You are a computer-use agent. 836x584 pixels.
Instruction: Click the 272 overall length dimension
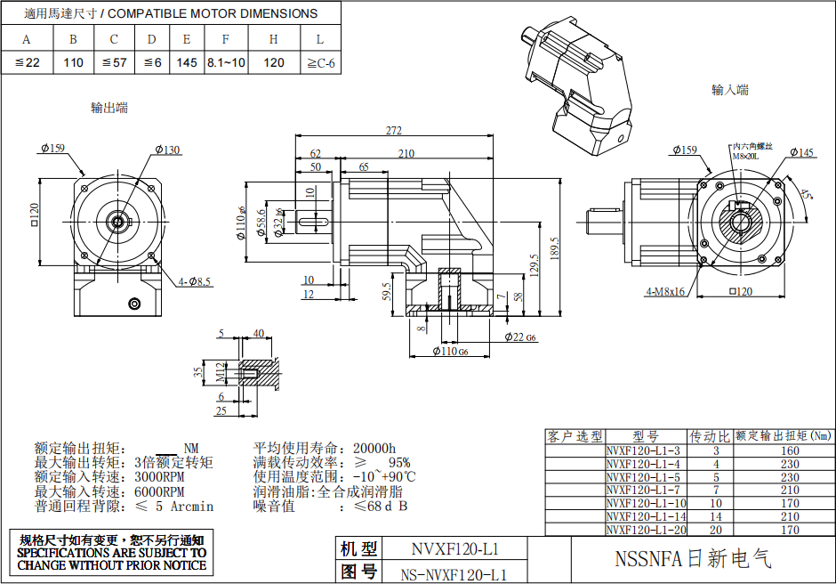tap(393, 130)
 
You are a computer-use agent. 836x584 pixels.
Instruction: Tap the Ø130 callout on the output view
tap(166, 150)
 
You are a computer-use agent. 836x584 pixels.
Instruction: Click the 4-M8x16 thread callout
tap(665, 291)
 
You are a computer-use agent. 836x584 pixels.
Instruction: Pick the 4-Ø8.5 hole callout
tap(195, 282)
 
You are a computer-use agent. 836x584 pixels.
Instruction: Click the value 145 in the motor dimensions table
tap(187, 62)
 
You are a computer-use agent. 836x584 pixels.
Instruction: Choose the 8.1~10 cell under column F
tap(226, 62)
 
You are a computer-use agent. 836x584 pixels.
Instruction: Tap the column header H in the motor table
tap(274, 39)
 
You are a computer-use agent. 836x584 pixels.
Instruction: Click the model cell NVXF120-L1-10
tap(647, 503)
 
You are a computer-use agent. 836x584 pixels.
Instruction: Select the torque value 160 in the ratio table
tap(790, 450)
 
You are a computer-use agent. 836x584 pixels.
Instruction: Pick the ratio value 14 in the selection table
tap(716, 516)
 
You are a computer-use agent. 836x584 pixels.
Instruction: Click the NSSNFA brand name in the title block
tap(694, 559)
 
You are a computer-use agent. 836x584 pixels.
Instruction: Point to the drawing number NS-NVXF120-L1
tap(454, 573)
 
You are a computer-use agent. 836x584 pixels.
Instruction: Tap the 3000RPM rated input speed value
tap(161, 477)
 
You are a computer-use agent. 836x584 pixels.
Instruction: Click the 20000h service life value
tap(374, 448)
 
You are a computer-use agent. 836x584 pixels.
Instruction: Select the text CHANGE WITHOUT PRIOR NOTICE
tap(112, 564)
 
